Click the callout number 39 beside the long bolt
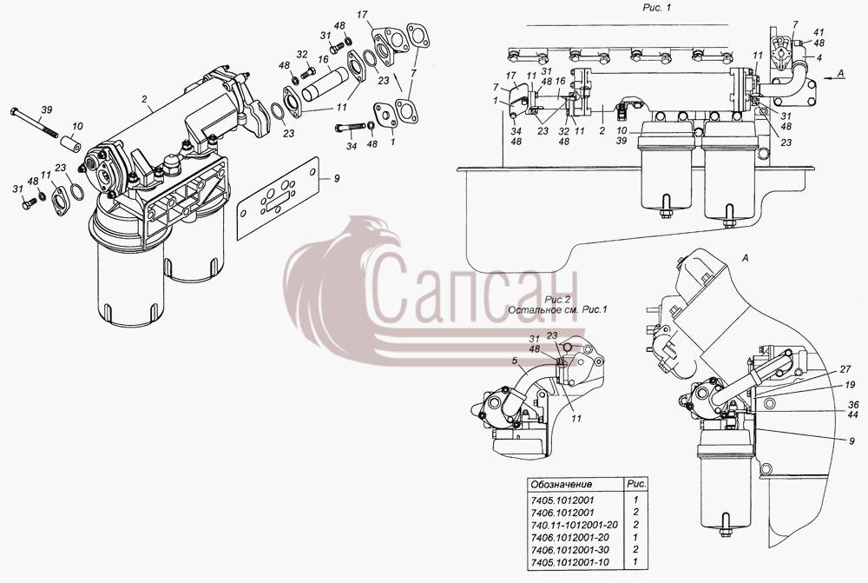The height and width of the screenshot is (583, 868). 47,109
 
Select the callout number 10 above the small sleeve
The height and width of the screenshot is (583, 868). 77,126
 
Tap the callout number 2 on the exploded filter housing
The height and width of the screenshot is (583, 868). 144,99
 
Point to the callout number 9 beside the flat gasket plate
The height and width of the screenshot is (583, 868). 337,178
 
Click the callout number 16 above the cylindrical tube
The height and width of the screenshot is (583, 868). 323,60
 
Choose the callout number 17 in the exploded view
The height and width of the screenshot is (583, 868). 362,15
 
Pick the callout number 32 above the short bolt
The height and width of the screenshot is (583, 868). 302,55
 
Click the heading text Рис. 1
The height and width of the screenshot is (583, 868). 656,8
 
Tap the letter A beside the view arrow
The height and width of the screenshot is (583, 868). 841,73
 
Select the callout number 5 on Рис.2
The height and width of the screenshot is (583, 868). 514,361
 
